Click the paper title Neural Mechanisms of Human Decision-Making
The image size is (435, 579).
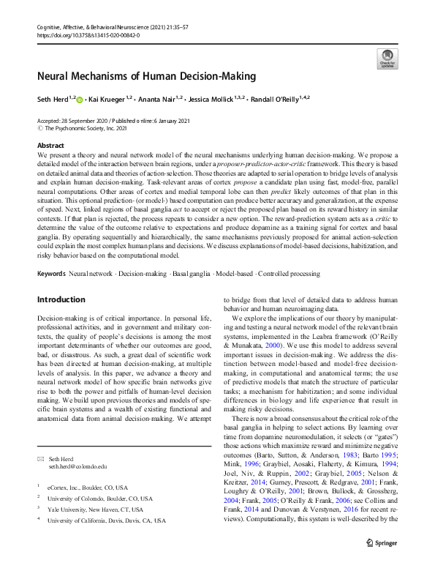(146, 76)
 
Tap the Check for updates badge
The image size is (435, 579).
(386, 59)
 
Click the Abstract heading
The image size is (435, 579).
(50, 146)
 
